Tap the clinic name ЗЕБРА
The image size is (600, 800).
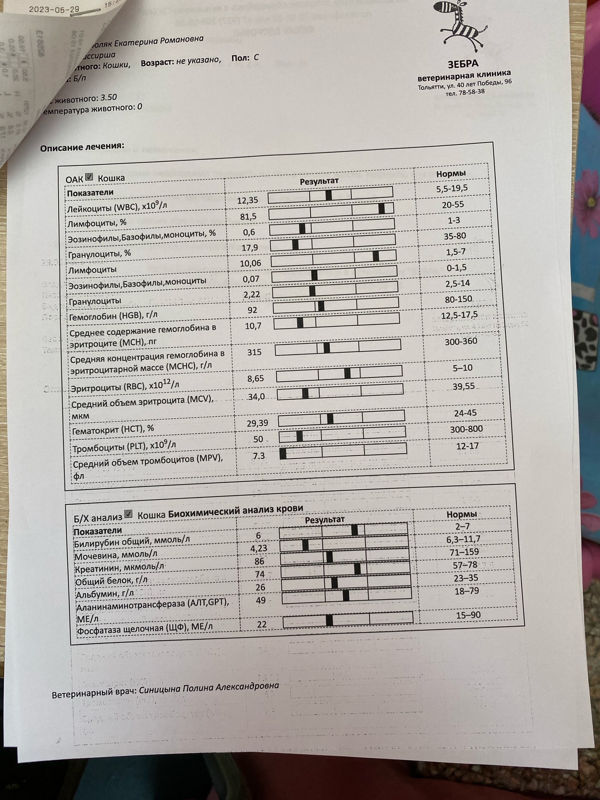463,64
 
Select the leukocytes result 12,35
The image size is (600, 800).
247,200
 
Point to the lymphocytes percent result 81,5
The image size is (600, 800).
248,216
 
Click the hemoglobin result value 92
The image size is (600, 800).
252,310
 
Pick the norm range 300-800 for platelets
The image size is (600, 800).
466,429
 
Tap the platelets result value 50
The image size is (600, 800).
258,439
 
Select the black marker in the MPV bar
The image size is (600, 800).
283,454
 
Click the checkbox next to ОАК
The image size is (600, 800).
89,177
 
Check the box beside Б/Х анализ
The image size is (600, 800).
128,514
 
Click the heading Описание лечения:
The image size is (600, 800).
82,147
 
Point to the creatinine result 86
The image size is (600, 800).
259,561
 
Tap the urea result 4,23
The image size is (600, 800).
259,548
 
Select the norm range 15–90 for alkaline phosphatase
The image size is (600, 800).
469,615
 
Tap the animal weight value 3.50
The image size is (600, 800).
109,97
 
